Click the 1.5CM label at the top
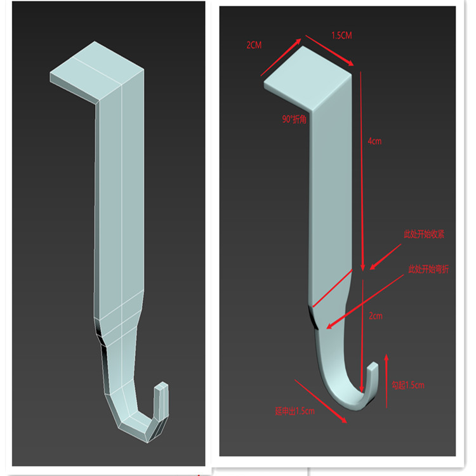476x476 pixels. [x=341, y=36]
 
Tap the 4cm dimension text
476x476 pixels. [x=374, y=141]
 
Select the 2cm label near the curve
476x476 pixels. [x=376, y=315]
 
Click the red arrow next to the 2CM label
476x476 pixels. [x=281, y=58]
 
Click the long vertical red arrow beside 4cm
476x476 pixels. [x=362, y=171]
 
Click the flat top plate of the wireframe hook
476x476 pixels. [x=95, y=70]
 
